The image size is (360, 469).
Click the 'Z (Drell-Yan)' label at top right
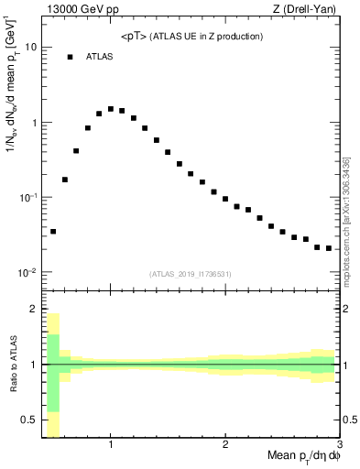[x=309, y=9]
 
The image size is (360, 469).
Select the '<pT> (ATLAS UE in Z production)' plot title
[x=191, y=37]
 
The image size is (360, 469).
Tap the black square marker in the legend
[x=70, y=57]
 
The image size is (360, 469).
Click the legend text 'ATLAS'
[x=99, y=57]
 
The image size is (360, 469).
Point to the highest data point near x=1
[x=111, y=109]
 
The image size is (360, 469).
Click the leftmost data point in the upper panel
[x=53, y=232]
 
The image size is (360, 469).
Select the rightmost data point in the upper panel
[x=329, y=248]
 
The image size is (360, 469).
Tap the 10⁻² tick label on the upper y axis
[x=28, y=272]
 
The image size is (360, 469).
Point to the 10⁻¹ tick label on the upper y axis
[x=28, y=197]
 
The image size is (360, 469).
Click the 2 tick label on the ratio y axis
[x=34, y=310]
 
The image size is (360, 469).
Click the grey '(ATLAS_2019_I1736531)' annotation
[x=191, y=274]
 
